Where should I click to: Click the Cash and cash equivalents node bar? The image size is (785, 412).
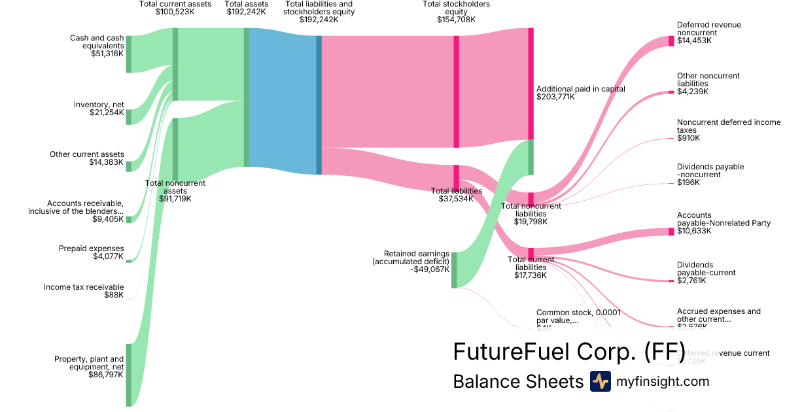pyautogui.click(x=129, y=54)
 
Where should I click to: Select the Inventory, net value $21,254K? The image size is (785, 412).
pyautogui.click(x=107, y=112)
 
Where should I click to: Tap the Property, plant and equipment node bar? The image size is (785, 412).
pyautogui.click(x=129, y=375)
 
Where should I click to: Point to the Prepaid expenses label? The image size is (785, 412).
pyautogui.click(x=91, y=249)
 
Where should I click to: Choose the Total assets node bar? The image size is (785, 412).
pyautogui.click(x=247, y=97)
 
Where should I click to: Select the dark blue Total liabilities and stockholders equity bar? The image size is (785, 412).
pyautogui.click(x=319, y=105)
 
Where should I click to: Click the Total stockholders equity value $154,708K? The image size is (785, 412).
pyautogui.click(x=456, y=20)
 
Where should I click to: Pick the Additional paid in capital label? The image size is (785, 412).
pyautogui.click(x=580, y=89)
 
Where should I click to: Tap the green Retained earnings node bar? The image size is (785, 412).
pyautogui.click(x=454, y=269)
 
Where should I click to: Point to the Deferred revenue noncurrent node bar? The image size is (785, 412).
pyautogui.click(x=671, y=41)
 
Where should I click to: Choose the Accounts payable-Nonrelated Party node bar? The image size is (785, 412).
pyautogui.click(x=671, y=232)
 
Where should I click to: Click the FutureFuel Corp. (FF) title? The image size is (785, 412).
pyautogui.click(x=568, y=352)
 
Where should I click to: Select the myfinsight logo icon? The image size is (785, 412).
pyautogui.click(x=600, y=381)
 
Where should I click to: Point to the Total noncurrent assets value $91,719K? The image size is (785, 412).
pyautogui.click(x=175, y=199)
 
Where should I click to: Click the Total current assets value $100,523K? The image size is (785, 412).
pyautogui.click(x=175, y=12)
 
